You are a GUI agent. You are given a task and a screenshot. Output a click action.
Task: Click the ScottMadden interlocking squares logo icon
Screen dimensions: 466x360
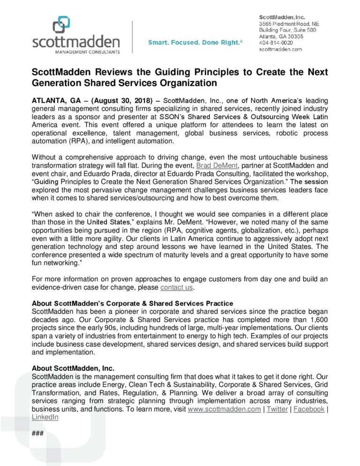tap(61, 24)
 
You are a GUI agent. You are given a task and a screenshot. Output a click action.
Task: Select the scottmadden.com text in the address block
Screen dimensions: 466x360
tap(280, 49)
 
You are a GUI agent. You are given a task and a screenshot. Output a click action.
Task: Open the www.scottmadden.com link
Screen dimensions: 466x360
tap(224, 409)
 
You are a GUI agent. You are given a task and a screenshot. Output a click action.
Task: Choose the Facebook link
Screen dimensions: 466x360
tap(308, 409)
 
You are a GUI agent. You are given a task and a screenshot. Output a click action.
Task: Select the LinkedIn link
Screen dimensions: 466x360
tap(45, 417)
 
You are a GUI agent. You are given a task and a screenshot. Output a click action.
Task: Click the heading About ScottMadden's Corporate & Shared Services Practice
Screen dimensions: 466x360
tap(132, 303)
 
